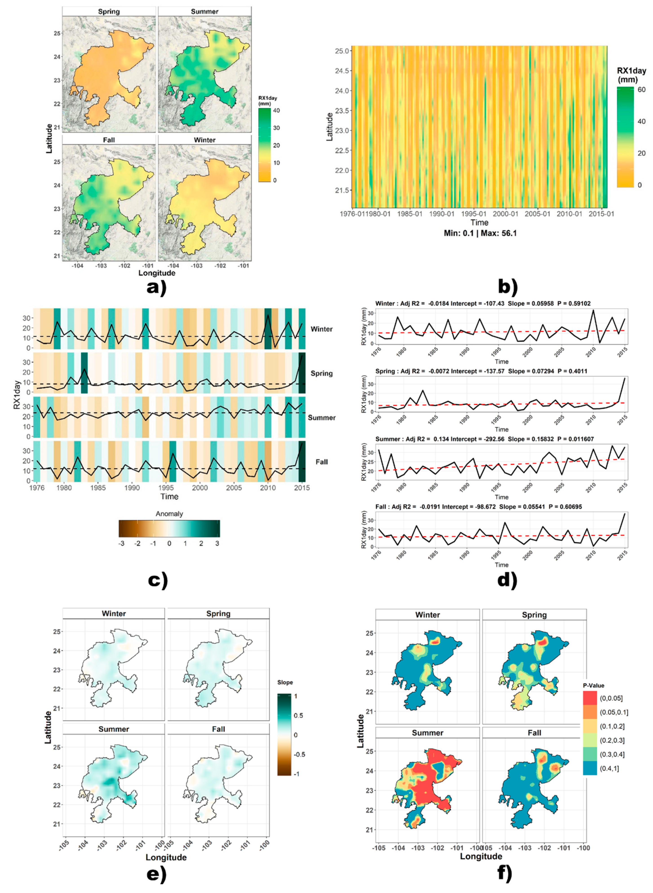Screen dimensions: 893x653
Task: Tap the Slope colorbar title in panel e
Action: pos(285,682)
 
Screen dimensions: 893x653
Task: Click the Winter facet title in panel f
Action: pos(427,615)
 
